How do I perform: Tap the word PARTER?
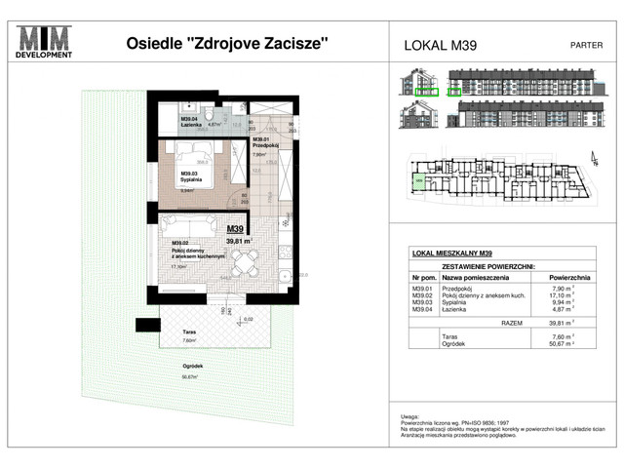click(585, 45)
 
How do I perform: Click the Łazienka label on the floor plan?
click(191, 125)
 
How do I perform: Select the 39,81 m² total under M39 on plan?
click(241, 240)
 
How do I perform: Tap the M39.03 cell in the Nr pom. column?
click(422, 302)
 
